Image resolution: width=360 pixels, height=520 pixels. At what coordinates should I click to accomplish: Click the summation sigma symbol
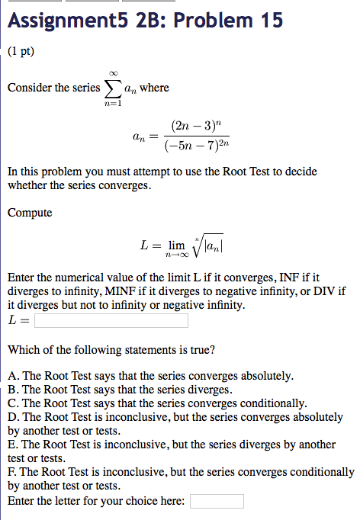point(113,88)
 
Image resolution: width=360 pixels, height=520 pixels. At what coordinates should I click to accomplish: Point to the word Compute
point(30,212)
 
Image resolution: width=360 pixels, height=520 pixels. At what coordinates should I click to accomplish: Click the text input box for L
point(111,321)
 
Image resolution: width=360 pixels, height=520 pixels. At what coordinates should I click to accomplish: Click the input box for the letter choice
point(217,501)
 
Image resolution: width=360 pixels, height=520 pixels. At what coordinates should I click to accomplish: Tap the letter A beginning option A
point(11,376)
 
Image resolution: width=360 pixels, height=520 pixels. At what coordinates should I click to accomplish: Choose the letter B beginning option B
point(11,390)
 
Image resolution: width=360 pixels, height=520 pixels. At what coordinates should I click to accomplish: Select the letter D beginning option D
point(11,417)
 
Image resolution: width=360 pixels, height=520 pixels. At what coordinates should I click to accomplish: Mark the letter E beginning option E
point(11,445)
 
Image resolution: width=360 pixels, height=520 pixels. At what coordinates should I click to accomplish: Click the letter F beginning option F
point(11,473)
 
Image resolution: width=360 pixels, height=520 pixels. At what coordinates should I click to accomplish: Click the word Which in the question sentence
point(24,350)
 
